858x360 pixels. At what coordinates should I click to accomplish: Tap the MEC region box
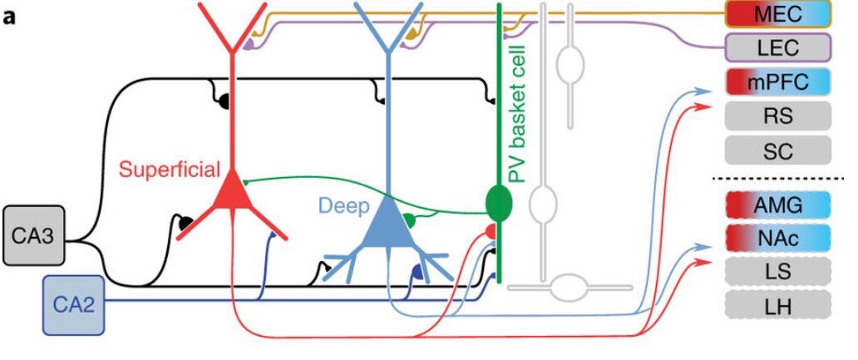[777, 14]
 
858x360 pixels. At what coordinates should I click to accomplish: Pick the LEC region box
[777, 48]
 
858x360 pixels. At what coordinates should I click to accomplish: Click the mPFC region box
[777, 83]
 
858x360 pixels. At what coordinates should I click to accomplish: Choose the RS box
[777, 117]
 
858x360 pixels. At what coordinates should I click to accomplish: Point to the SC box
[777, 151]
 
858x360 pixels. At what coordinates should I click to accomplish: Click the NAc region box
[777, 239]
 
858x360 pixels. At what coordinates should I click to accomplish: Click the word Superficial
[169, 170]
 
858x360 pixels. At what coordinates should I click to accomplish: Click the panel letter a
[11, 16]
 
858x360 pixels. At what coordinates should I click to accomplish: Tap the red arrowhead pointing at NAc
[706, 261]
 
